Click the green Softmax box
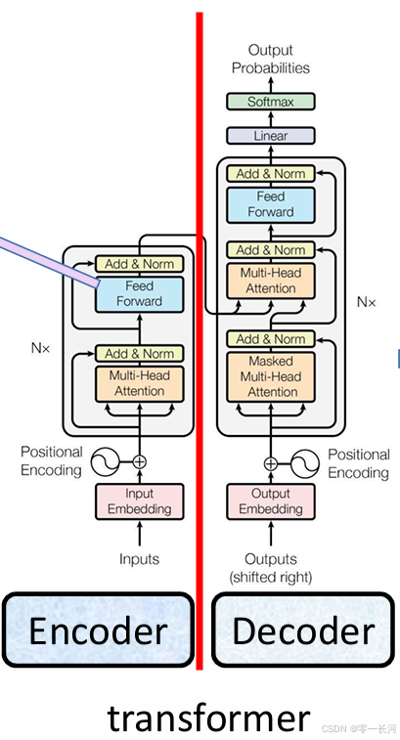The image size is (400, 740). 271,102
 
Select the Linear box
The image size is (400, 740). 271,136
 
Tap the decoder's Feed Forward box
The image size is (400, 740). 271,205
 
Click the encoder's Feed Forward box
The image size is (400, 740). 139,294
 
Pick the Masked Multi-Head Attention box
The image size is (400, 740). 271,376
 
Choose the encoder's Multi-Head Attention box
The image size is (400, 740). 139,384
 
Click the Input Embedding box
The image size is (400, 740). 139,501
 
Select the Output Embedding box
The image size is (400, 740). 271,501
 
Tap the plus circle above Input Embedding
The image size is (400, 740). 139,461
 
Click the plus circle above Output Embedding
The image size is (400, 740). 271,464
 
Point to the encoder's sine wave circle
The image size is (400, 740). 106,461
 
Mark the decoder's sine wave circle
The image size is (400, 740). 304,464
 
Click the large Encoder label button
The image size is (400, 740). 98,631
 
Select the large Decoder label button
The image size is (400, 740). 303,631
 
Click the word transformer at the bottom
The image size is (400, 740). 208,718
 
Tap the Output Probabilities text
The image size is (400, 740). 271,59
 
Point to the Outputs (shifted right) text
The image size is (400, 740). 271,568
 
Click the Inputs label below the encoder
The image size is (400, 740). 139,559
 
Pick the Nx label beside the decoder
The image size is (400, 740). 367,302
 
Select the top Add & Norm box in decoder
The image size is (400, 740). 271,174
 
